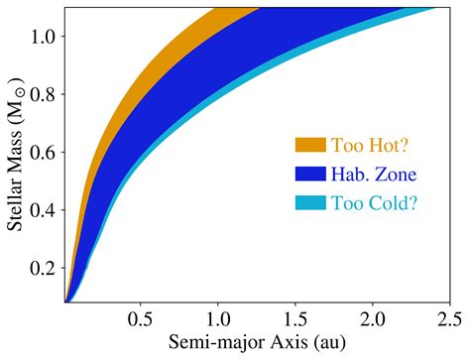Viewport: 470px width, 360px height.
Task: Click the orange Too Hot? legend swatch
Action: (309, 146)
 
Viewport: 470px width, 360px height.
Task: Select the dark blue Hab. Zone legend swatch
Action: (309, 175)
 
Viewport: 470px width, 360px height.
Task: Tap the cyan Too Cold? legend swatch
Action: (309, 203)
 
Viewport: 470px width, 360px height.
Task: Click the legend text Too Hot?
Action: (370, 146)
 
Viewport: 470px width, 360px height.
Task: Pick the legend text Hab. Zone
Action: (375, 175)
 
